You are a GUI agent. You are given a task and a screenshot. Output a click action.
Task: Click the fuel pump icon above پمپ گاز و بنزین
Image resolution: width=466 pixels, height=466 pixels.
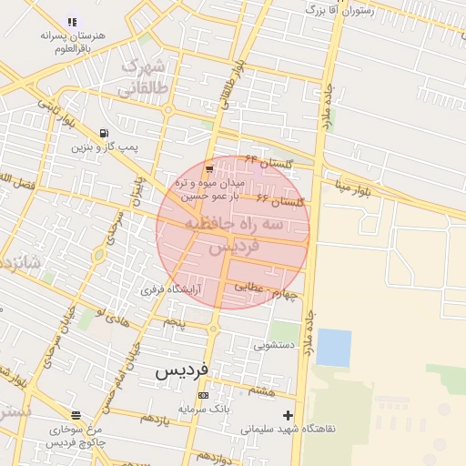point(105,133)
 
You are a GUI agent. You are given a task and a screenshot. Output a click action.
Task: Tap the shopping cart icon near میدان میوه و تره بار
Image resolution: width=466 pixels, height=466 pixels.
point(210,169)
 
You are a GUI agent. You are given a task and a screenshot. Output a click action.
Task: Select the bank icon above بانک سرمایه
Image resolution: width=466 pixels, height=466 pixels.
point(203,396)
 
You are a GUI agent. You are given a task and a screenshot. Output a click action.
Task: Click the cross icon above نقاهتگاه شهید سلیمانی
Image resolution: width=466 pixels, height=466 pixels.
point(289,415)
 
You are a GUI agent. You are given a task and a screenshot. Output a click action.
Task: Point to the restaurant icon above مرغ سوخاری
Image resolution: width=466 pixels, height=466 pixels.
point(76,415)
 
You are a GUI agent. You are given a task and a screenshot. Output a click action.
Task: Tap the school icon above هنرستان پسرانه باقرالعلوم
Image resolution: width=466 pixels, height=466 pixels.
point(72,22)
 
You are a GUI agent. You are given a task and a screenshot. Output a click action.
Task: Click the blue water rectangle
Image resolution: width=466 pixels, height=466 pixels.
point(333,348)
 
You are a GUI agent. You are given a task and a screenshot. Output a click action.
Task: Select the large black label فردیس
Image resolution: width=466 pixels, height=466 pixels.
point(181,370)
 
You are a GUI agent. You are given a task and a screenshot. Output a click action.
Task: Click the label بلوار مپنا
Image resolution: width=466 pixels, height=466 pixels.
point(352,188)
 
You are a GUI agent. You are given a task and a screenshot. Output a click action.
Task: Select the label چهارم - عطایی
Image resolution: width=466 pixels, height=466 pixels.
point(266,289)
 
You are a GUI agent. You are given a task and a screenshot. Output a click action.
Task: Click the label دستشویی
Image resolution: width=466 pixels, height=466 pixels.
point(274,345)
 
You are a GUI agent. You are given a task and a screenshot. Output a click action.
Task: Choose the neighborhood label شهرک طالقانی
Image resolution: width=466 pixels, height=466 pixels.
point(143,76)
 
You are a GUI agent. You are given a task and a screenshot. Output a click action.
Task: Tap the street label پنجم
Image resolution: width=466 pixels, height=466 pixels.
point(173,322)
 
